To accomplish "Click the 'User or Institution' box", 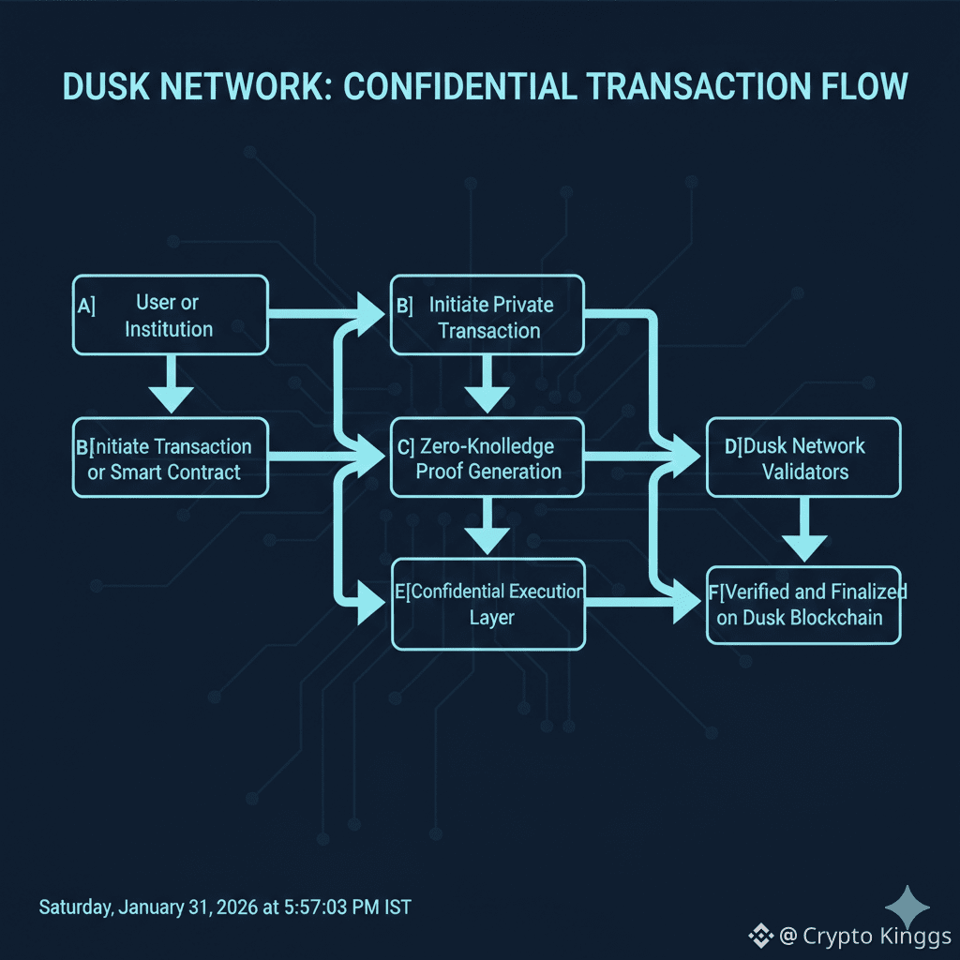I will (170, 315).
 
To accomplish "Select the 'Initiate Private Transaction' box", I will (487, 317).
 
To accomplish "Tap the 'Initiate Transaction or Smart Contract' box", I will (170, 459).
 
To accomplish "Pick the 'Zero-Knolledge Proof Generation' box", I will (487, 458).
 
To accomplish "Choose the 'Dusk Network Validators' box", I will (803, 458).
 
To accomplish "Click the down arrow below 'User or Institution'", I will (171, 385).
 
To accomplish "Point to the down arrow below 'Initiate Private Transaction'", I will (487, 385).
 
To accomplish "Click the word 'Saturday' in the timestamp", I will (75, 907).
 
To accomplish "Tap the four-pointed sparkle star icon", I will (907, 907).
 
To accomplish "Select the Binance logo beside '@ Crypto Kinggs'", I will (759, 936).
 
